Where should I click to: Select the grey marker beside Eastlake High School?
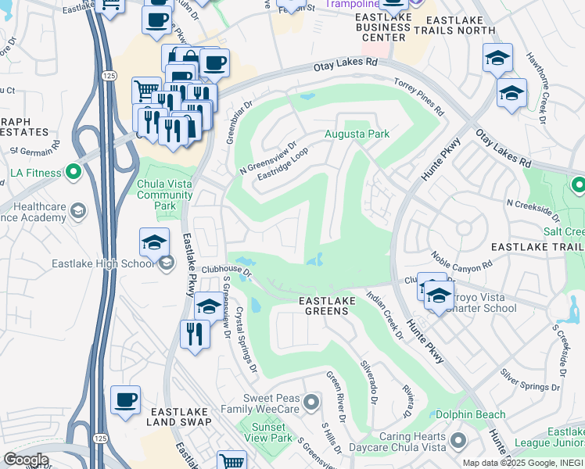pos(166,264)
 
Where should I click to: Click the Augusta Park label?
pos(357,134)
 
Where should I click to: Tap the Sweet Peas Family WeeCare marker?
pos(311,403)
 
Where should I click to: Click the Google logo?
pos(27,459)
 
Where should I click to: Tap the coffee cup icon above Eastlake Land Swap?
pos(126,401)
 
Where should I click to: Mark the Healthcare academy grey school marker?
pos(78,210)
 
